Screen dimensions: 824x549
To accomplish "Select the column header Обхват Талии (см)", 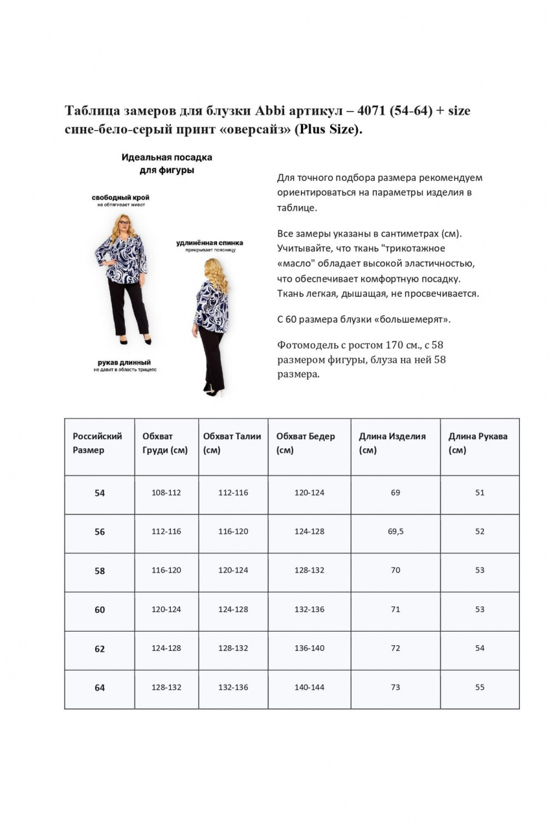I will click(232, 443).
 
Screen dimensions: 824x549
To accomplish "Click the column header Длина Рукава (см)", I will click(478, 443).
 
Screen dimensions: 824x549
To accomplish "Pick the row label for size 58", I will click(100, 571).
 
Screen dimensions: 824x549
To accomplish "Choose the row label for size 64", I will click(100, 688).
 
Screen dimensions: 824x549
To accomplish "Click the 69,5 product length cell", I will click(396, 531).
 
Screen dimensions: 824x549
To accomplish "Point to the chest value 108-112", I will click(166, 492).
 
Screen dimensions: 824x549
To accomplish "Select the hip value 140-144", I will click(309, 687).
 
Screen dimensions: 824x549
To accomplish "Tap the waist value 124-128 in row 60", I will click(233, 610).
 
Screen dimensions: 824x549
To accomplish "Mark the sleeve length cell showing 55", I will click(480, 687).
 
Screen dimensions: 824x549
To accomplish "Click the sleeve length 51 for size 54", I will click(480, 492).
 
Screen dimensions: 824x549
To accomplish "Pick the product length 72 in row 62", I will click(396, 648).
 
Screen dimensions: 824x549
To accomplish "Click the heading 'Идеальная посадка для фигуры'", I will click(167, 163).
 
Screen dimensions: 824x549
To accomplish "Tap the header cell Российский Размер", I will click(98, 443).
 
